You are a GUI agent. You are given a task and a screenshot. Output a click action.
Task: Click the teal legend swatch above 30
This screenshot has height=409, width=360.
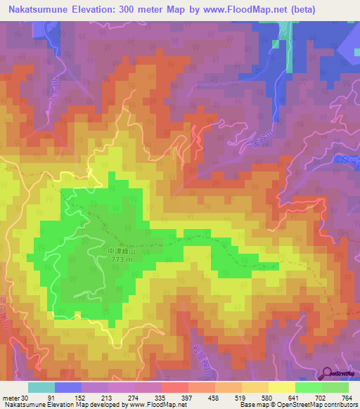41,387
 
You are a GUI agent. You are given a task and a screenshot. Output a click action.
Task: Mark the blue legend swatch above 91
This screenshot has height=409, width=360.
67,387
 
